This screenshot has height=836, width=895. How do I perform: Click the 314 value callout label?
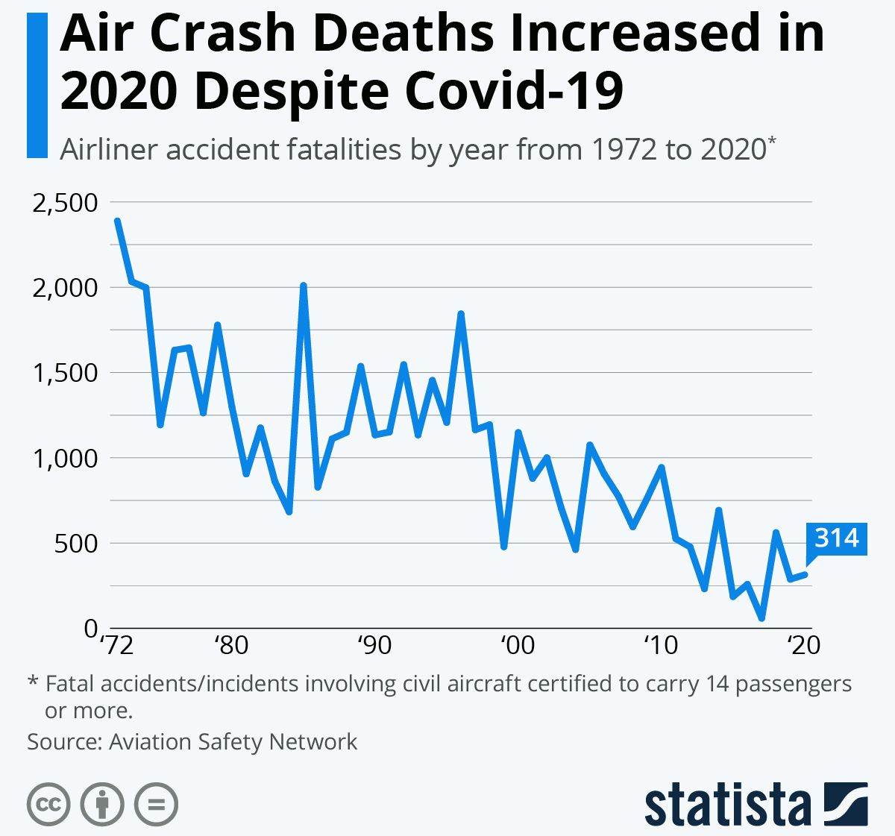837,538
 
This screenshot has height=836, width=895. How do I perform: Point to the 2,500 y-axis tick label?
66,202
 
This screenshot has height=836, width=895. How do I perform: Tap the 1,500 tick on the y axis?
66,373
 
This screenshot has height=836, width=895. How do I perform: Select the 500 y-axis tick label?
76,543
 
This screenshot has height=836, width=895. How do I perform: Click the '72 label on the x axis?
116,644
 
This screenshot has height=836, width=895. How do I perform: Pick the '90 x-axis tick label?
374,644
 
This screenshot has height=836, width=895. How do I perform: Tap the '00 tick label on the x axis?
517,644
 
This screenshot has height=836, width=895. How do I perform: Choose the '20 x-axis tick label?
803,644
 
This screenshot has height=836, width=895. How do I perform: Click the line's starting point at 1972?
117,221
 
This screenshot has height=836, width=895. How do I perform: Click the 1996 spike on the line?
461,314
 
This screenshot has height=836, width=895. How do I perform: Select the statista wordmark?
728,805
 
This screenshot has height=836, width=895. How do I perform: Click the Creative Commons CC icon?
48,805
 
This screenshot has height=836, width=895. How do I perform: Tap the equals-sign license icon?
156,805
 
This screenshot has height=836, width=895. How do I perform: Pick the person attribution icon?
102,805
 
